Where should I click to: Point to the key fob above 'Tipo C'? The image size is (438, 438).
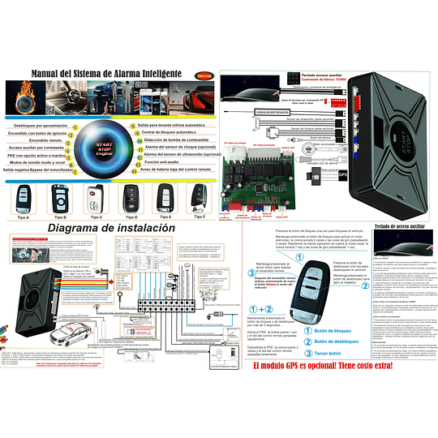point(96,197)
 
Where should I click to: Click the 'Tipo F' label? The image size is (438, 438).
point(198,217)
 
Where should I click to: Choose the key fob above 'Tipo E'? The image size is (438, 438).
point(165,197)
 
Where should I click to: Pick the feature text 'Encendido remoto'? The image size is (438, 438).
point(51,140)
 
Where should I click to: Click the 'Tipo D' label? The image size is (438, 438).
point(131,217)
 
